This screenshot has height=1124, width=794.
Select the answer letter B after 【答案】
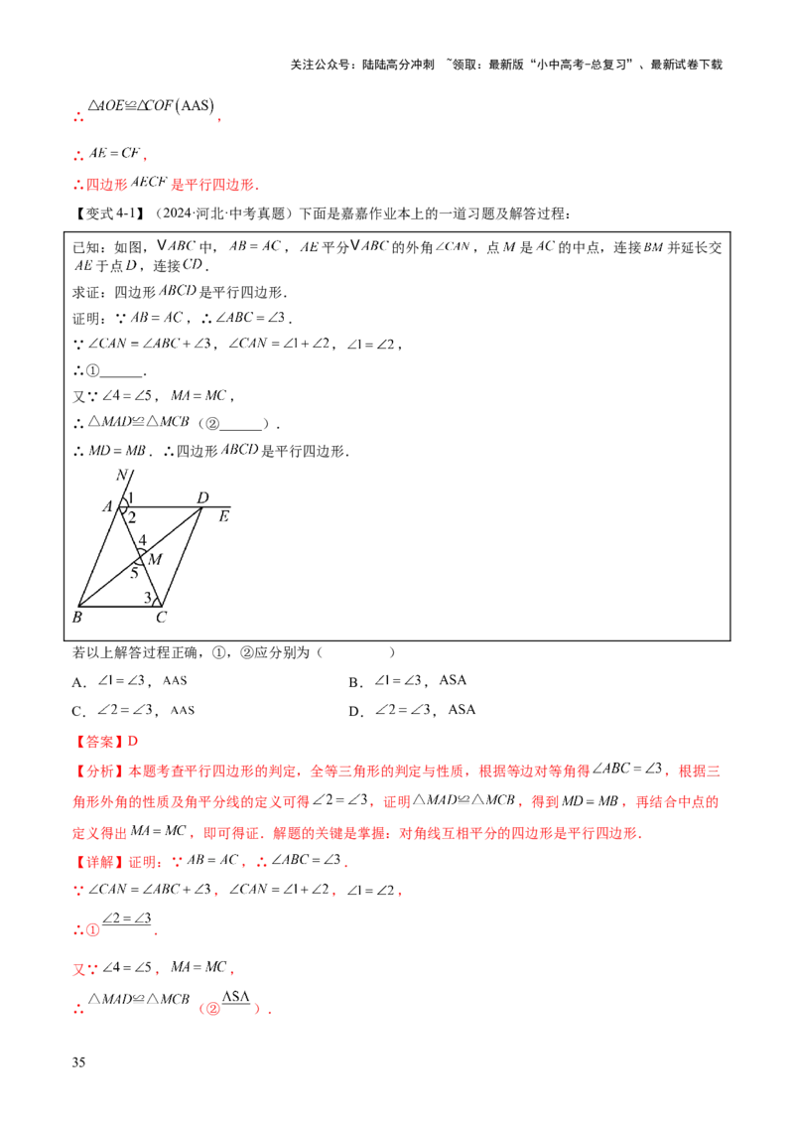pyautogui.click(x=135, y=741)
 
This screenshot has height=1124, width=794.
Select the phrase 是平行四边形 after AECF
pyautogui.click(x=212, y=184)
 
